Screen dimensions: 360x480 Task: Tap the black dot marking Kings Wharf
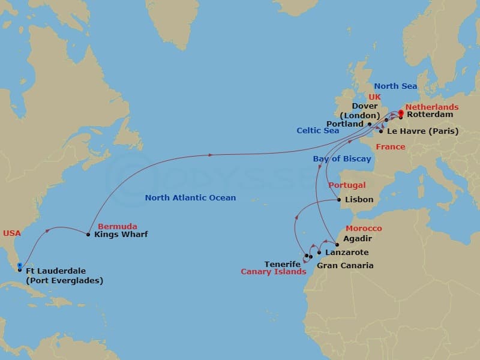pos(88,234)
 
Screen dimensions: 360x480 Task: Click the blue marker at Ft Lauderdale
pos(20,265)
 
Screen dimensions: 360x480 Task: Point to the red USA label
pos(13,233)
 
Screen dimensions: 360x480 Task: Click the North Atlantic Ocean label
pos(190,198)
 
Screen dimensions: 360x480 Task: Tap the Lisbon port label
pos(359,200)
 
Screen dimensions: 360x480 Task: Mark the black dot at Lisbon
pos(340,200)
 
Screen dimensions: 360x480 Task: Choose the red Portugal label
pos(347,185)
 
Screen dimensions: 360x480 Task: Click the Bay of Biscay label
pos(342,159)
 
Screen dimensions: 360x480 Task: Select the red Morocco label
pos(364,229)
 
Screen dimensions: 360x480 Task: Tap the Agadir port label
pos(358,238)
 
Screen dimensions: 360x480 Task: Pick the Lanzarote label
pos(346,253)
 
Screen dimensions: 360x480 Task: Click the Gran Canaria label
pos(345,265)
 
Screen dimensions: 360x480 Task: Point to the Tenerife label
pos(283,264)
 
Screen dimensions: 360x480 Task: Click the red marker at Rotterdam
pos(401,111)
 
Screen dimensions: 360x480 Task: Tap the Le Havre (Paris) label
pos(422,131)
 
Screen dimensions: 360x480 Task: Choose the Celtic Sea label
pos(317,130)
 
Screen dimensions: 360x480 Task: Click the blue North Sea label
pos(395,86)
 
